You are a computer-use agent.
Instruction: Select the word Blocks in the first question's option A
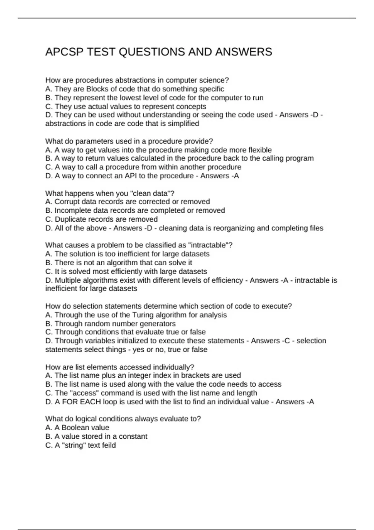coord(97,89)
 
